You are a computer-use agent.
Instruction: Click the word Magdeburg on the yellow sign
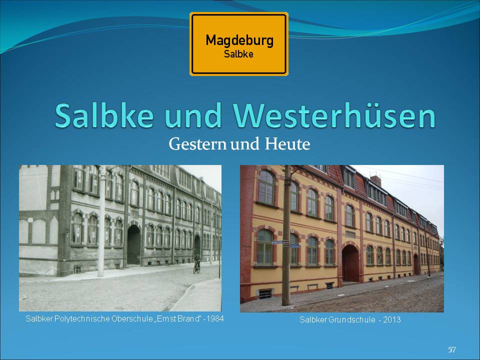pos(239,40)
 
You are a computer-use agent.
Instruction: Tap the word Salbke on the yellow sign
pos(238,54)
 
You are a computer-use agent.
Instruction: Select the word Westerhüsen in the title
pos(334,115)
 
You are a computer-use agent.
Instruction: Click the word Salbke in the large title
pos(104,115)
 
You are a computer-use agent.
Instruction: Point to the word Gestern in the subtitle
pos(197,144)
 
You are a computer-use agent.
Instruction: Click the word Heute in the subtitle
pos(287,144)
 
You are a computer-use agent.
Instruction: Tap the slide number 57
pos(452,349)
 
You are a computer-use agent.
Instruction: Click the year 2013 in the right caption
pos(392,319)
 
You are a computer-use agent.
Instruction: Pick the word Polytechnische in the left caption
pos(82,318)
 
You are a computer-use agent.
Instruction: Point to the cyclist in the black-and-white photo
pos(197,263)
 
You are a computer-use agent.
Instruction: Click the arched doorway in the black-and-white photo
pos(134,244)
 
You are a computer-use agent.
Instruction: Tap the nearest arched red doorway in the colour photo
pos(350,262)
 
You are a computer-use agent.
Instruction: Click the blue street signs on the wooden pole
pos(285,243)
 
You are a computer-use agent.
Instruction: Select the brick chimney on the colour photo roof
pos(375,180)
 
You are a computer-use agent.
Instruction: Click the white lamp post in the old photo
pos(101,220)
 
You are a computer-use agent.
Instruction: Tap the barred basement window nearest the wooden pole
pos(265,294)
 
